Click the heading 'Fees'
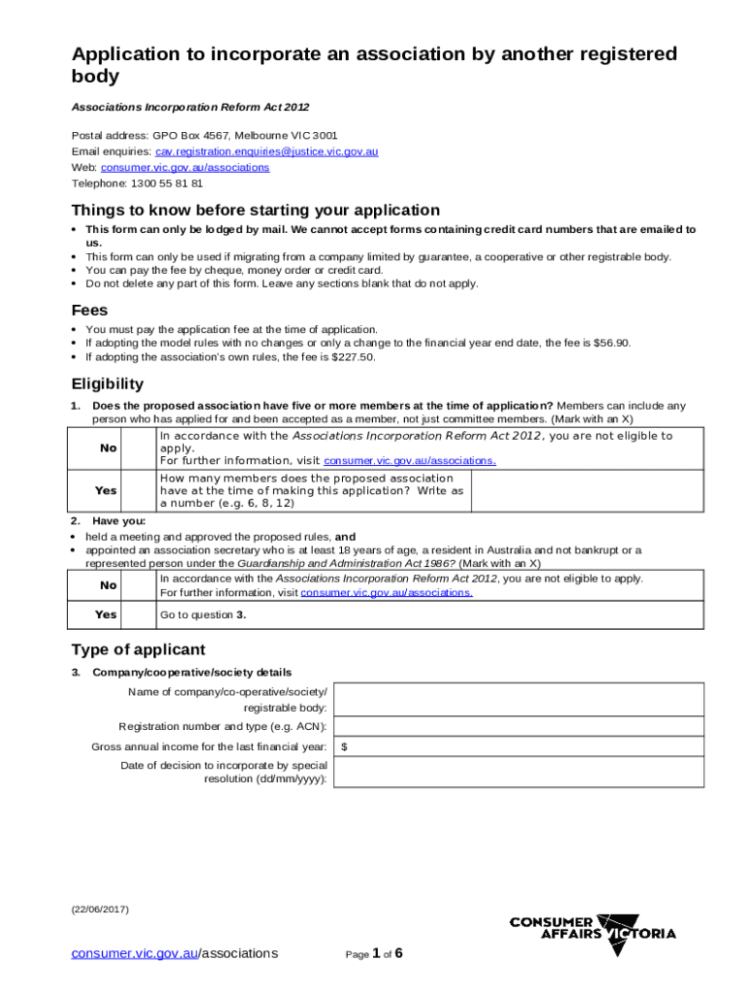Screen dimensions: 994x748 pos(90,310)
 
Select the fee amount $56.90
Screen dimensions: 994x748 pos(611,343)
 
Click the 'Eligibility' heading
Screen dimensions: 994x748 pos(107,383)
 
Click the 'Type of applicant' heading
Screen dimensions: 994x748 pos(138,649)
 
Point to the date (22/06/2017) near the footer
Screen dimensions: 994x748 pos(99,910)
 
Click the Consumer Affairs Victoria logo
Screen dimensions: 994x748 pos(593,934)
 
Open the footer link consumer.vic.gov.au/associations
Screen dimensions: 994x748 pos(175,953)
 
